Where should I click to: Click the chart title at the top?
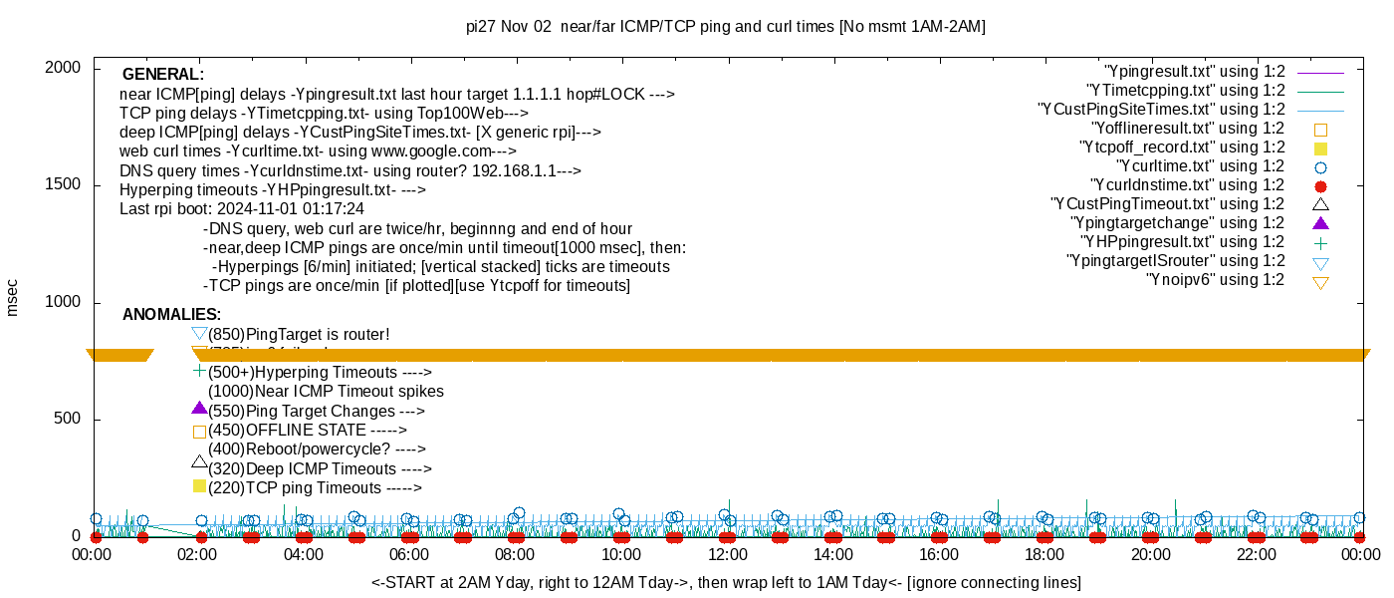[725, 27]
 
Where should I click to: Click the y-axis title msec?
[13, 297]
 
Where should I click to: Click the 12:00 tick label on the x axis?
[727, 554]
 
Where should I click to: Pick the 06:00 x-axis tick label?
[409, 554]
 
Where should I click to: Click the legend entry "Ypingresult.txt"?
[1194, 72]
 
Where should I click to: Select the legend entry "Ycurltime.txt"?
[1200, 166]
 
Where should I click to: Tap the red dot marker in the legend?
[1321, 185]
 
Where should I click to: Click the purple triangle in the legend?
[1321, 223]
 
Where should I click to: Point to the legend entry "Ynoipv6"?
[1216, 280]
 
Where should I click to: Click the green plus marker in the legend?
[1321, 242]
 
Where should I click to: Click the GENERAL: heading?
[162, 75]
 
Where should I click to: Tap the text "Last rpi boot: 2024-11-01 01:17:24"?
[242, 209]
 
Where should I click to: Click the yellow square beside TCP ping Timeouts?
[199, 486]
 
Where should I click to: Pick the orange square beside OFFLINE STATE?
[199, 432]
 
